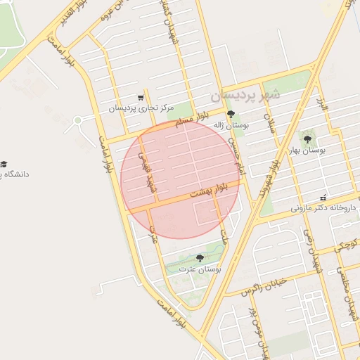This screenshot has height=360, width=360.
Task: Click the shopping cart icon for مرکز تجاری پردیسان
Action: pos(141,98)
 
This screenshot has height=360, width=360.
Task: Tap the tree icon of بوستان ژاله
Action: pos(231,113)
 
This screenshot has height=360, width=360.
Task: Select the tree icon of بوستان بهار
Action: pos(307,139)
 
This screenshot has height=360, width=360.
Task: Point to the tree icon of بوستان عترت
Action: pos(200,258)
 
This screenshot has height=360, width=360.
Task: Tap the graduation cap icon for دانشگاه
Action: pos(4,163)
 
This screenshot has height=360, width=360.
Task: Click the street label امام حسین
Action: pos(236,155)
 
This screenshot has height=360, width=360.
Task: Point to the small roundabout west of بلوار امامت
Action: pos(77,120)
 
